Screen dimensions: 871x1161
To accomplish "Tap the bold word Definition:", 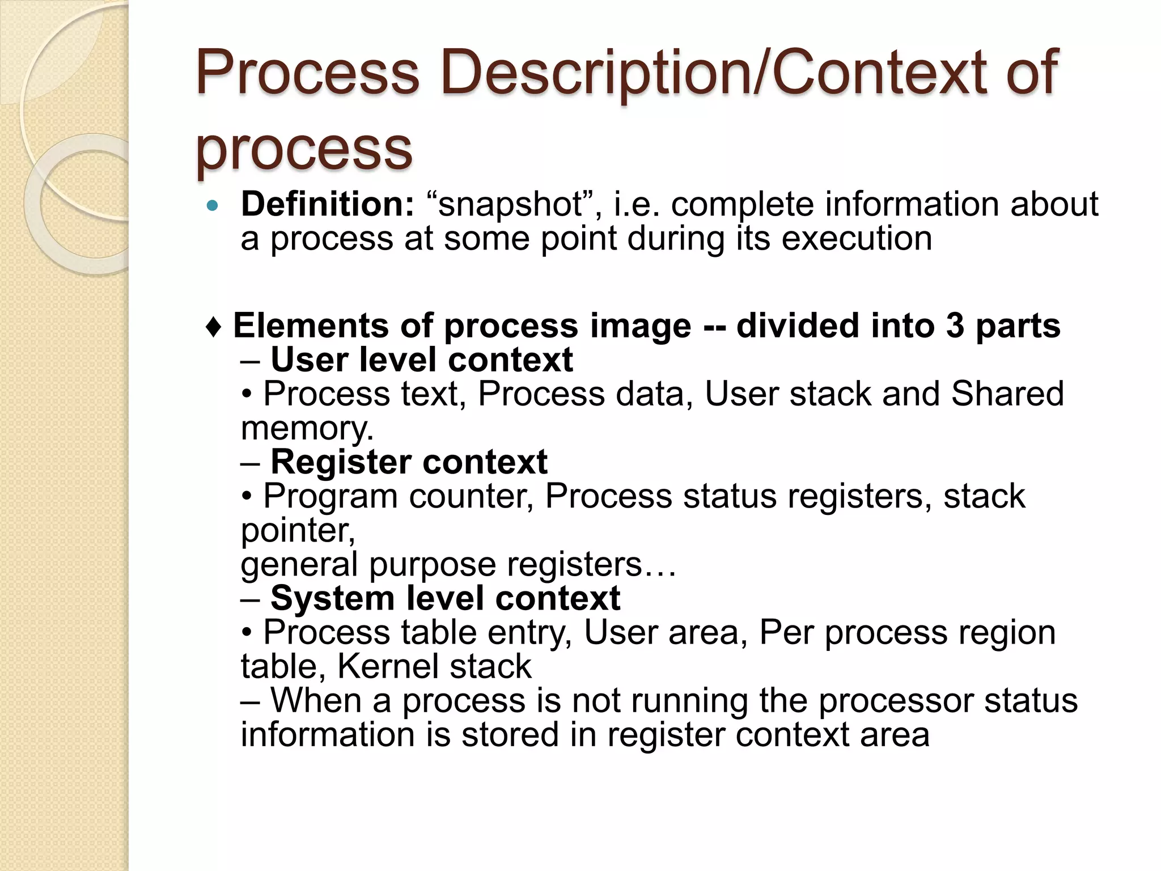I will coord(328,204).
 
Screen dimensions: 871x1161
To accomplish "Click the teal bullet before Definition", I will coord(213,206).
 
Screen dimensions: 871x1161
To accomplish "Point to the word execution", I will coord(857,239).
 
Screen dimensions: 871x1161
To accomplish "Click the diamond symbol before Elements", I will coord(214,327).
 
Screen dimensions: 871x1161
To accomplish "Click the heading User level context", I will coord(421,360).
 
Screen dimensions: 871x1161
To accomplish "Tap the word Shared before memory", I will coord(1007,394).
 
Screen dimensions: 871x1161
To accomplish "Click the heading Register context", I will coord(409,462).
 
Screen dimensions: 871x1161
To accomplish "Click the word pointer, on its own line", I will coord(298,531).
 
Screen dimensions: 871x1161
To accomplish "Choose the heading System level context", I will coord(445,599).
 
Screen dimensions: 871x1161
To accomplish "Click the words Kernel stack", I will coord(434,667).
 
